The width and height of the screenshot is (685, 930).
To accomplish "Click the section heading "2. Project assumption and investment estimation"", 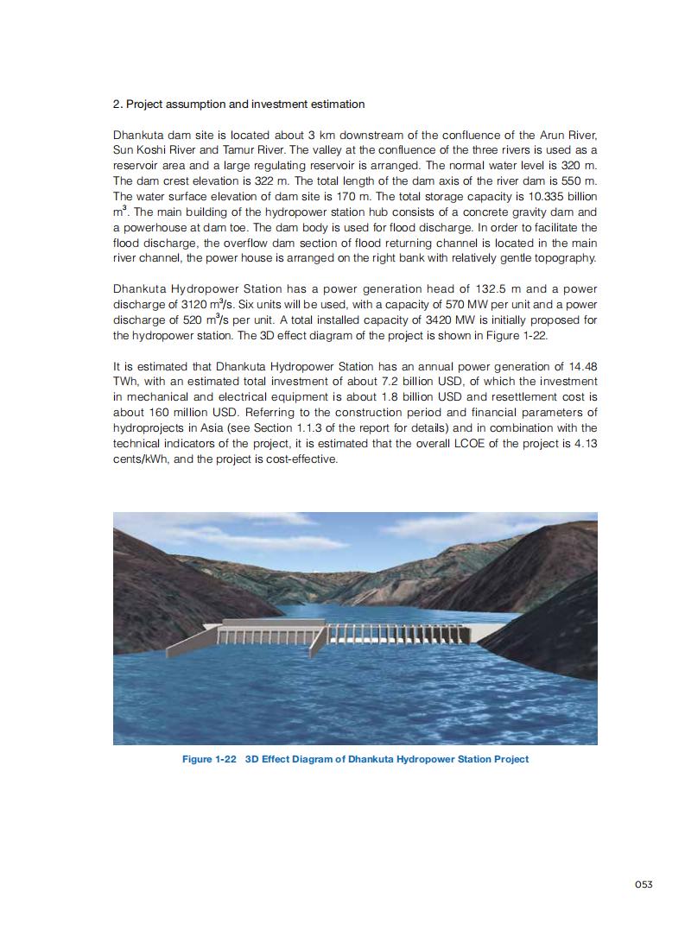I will point(238,104).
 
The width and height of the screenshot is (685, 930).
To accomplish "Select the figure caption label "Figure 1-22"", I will point(208,759).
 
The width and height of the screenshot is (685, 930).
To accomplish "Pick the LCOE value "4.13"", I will point(586,444).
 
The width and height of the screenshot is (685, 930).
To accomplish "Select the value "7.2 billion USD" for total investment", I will point(429,382).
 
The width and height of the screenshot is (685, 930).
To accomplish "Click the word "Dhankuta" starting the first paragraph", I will point(138,136).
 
